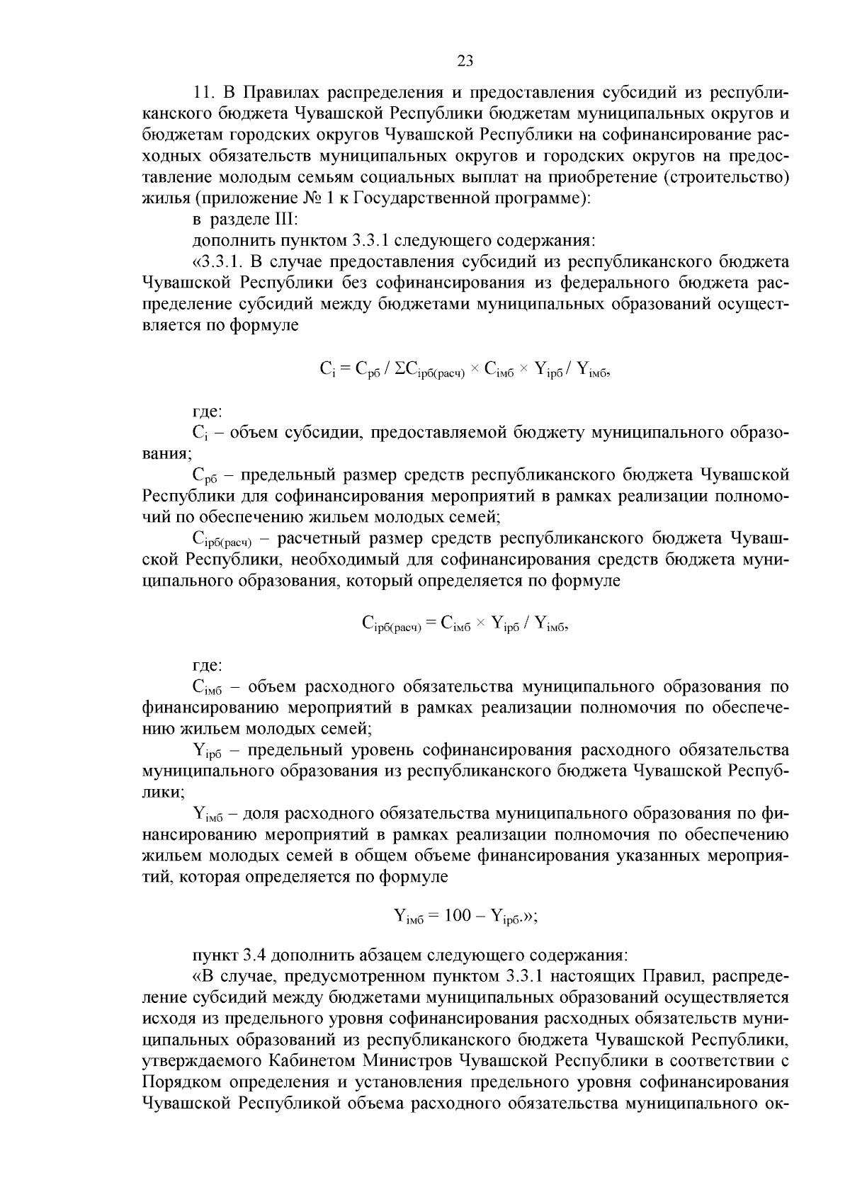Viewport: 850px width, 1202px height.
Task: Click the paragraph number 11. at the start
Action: pos(205,93)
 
